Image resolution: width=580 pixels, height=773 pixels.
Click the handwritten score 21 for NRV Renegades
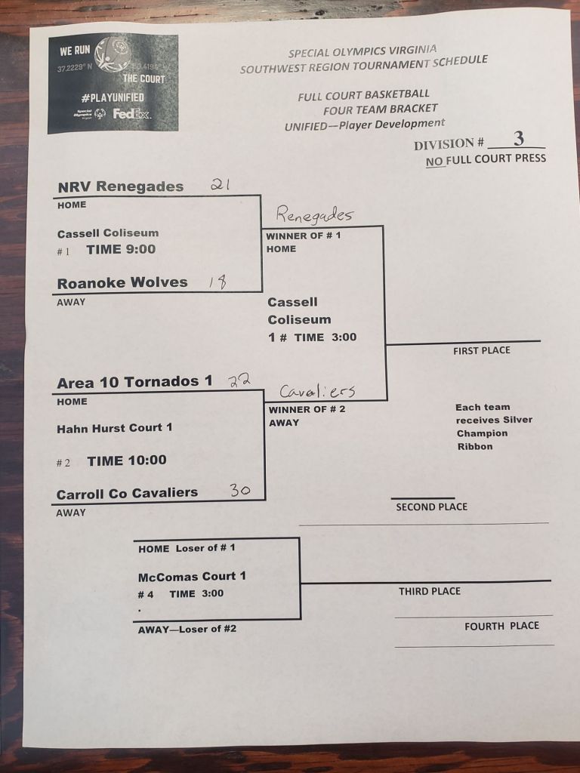point(220,184)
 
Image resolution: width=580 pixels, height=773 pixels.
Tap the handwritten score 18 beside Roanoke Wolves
point(217,282)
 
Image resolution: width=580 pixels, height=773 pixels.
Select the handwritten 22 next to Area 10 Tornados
point(239,380)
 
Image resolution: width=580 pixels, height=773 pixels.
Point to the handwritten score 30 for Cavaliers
point(240,491)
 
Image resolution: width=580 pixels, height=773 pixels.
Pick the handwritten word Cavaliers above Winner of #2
point(317,392)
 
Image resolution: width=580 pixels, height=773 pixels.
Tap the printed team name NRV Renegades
point(121,186)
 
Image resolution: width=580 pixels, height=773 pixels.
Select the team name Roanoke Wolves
point(122,283)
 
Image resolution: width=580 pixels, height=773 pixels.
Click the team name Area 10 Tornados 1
point(134,382)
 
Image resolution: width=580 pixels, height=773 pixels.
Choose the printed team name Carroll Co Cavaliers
point(127,493)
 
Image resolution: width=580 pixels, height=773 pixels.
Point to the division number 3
point(518,138)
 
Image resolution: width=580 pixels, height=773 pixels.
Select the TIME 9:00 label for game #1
point(121,249)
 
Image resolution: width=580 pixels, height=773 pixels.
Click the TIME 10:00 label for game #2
point(127,460)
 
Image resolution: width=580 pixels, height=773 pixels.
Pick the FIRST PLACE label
point(482,350)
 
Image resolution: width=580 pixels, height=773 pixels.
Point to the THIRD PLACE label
point(430,591)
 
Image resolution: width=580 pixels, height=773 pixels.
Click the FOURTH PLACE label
point(501,626)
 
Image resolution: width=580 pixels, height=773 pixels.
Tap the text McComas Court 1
point(192,576)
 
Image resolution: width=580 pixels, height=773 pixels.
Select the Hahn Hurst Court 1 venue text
point(115,428)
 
